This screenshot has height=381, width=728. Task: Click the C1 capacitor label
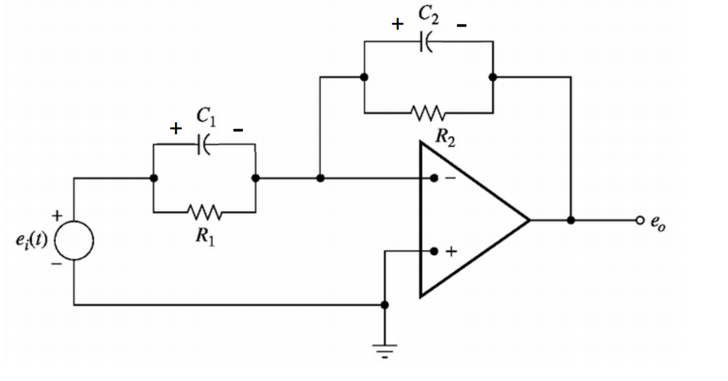pyautogui.click(x=205, y=116)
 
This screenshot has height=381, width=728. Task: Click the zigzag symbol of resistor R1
pyautogui.click(x=204, y=212)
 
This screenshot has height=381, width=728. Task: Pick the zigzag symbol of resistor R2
pyautogui.click(x=429, y=113)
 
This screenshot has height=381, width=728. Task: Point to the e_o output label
pyautogui.click(x=658, y=222)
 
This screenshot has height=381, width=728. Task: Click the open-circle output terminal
pyautogui.click(x=640, y=220)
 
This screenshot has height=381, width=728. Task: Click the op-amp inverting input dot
pyautogui.click(x=434, y=179)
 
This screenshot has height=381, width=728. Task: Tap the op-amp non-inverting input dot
pyautogui.click(x=434, y=251)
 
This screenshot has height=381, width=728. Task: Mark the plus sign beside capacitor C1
pyautogui.click(x=176, y=129)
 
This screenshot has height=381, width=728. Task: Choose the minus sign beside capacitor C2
pyautogui.click(x=462, y=26)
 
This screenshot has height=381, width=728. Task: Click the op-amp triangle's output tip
pyautogui.click(x=529, y=220)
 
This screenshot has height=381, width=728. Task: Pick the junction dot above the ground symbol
pyautogui.click(x=385, y=305)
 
